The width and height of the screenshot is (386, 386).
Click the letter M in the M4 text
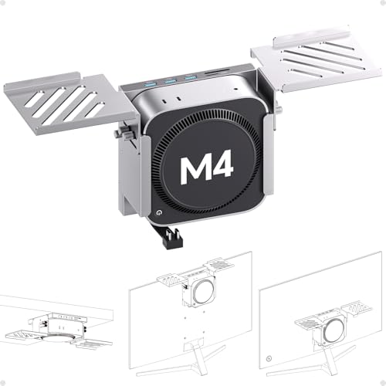195,168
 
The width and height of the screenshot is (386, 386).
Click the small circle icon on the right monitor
268,358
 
